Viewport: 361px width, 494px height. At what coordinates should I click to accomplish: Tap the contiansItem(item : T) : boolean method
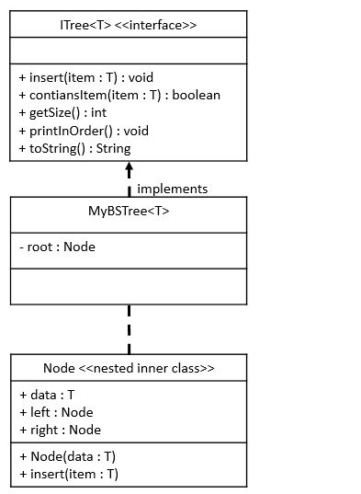[119, 95]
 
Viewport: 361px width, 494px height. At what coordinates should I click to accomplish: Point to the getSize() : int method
[62, 113]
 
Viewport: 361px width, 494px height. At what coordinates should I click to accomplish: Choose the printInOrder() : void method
[80, 131]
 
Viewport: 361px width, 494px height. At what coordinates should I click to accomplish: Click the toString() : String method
[74, 148]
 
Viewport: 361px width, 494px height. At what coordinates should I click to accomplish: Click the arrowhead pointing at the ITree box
[129, 169]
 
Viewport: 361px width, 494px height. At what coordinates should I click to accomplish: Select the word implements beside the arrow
[172, 189]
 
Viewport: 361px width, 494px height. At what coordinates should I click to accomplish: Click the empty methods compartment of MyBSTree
[129, 286]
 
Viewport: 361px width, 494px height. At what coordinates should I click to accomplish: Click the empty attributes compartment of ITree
[129, 52]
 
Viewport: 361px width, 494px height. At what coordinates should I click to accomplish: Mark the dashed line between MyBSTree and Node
[129, 328]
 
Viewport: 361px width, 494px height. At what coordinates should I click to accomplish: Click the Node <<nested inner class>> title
[129, 368]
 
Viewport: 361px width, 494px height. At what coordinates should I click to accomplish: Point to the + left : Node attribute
[56, 412]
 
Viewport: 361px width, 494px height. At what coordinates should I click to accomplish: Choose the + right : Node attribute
[60, 430]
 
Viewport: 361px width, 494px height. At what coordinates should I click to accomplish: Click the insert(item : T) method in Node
[68, 474]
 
